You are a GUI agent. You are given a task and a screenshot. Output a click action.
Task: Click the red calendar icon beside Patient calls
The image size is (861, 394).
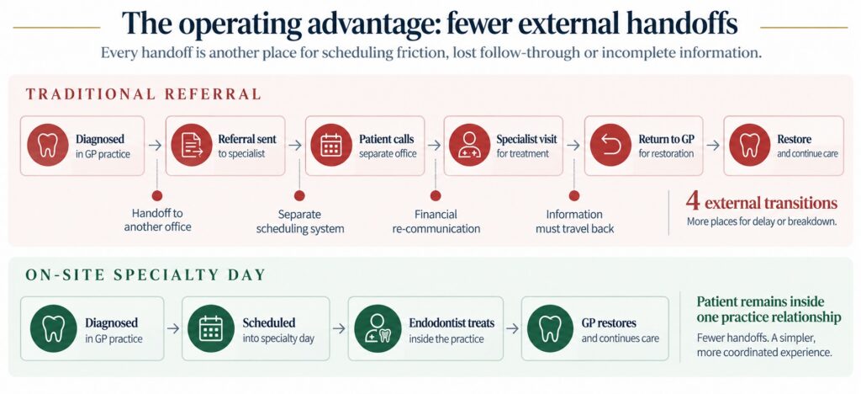331,145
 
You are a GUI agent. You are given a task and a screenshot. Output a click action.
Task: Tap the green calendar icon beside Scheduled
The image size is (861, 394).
211,328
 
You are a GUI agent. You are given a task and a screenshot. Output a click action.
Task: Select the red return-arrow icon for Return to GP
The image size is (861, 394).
610,145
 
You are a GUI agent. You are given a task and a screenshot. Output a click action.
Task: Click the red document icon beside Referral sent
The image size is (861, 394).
191,145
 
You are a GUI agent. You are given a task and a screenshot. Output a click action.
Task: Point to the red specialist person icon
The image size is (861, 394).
469,145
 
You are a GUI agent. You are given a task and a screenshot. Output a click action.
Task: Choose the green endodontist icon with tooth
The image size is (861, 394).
378,328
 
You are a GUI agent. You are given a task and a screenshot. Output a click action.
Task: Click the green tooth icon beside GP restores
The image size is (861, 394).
550,328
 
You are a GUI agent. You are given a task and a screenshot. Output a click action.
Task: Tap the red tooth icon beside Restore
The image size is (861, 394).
749,145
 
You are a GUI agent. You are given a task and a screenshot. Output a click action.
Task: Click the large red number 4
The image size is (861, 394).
693,202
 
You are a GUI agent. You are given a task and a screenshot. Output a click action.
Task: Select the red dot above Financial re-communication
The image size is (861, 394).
436,195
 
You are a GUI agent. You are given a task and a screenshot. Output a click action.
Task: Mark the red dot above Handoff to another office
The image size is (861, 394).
157,195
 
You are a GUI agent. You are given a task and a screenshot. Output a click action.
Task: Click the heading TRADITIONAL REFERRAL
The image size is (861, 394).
143,94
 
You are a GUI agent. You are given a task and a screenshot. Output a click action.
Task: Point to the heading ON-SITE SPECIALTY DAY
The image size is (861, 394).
146,274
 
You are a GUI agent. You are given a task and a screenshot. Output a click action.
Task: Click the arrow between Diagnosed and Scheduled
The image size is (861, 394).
173,328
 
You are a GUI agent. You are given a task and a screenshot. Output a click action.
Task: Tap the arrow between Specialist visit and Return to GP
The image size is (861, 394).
573,145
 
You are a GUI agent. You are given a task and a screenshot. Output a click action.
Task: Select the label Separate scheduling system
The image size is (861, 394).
300,221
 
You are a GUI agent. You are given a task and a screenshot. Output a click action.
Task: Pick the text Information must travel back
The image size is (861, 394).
575,221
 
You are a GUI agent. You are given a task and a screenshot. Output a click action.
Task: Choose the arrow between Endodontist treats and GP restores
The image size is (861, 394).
512,328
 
